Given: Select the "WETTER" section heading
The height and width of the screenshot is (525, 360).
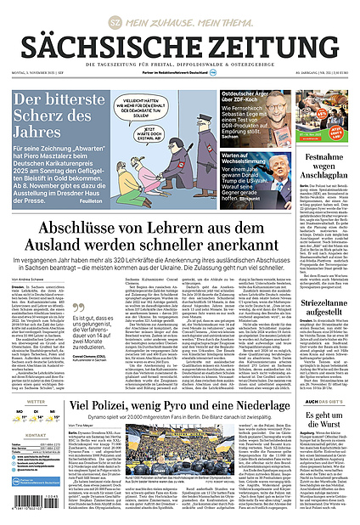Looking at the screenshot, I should [24, 402].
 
